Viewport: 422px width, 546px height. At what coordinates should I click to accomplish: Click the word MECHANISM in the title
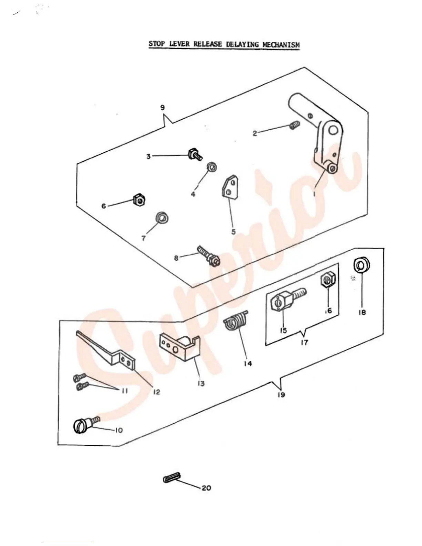click(280, 44)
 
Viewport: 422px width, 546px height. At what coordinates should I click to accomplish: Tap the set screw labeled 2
click(294, 126)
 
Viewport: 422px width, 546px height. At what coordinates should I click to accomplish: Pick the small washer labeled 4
click(211, 168)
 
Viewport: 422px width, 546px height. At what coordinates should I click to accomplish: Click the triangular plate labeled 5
click(230, 188)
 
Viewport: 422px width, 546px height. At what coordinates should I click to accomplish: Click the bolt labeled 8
click(208, 255)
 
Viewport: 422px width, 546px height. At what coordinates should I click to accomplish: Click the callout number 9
click(162, 108)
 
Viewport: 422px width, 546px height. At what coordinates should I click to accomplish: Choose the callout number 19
click(281, 395)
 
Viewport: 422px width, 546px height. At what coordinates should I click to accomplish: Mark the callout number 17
click(304, 343)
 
